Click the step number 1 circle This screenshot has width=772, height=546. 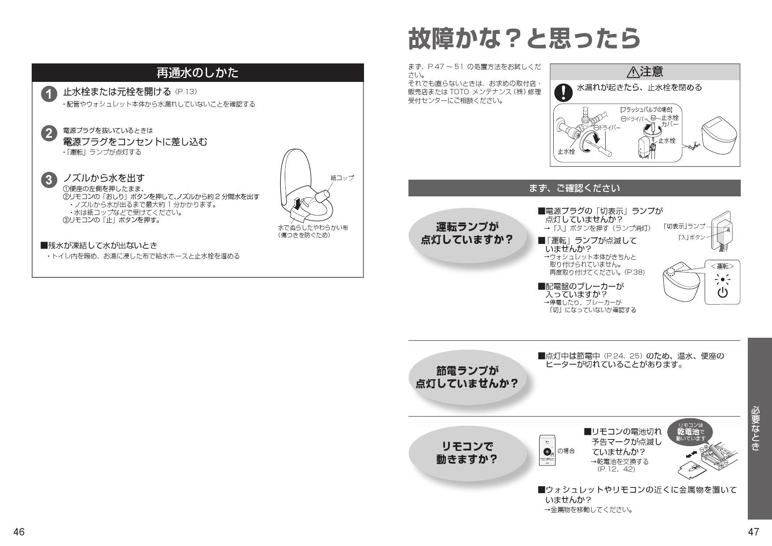pyautogui.click(x=49, y=94)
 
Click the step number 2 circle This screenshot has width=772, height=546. pyautogui.click(x=49, y=133)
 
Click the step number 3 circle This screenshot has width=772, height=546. pyautogui.click(x=49, y=180)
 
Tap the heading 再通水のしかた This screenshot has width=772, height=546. pyautogui.click(x=198, y=73)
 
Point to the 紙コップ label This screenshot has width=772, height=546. pyautogui.click(x=342, y=178)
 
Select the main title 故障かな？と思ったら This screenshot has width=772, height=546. pyautogui.click(x=524, y=39)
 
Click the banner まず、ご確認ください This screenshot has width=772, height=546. pyautogui.click(x=574, y=188)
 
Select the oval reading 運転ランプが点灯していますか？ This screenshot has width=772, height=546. pyautogui.click(x=467, y=233)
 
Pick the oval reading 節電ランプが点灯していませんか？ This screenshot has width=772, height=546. pyautogui.click(x=467, y=377)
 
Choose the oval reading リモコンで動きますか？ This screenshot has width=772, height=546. pyautogui.click(x=467, y=453)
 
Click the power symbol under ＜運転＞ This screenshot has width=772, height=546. pyautogui.click(x=722, y=293)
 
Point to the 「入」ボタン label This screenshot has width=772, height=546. pyautogui.click(x=691, y=237)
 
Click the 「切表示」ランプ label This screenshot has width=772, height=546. pyautogui.click(x=684, y=226)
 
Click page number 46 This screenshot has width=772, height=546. pyautogui.click(x=18, y=532)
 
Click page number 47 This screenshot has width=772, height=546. pyautogui.click(x=754, y=532)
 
